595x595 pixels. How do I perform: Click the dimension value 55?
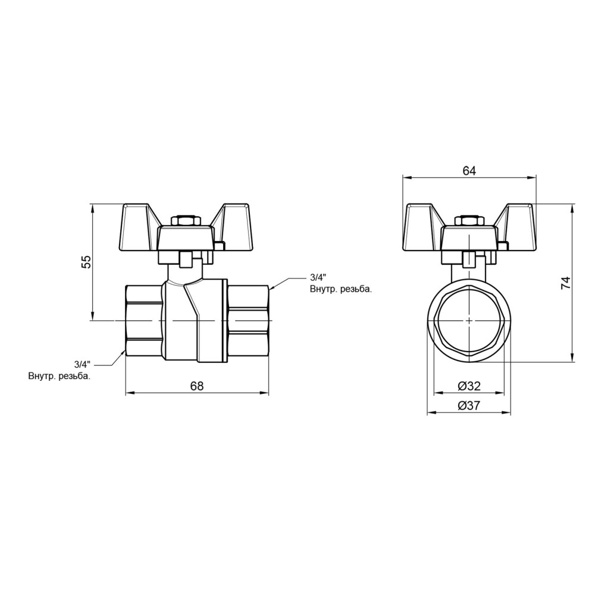(87, 262)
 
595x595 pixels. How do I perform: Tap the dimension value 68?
(197, 386)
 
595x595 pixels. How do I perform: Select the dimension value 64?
(469, 171)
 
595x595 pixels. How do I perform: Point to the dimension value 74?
(565, 283)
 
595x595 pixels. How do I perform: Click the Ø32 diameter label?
(469, 386)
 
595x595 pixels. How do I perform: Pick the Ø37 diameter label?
(469, 406)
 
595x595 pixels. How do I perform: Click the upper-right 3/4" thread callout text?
(318, 277)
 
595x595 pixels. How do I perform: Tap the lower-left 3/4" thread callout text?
(83, 365)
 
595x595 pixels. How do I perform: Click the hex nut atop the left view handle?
(184, 221)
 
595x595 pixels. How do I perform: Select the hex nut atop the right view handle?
(469, 221)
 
